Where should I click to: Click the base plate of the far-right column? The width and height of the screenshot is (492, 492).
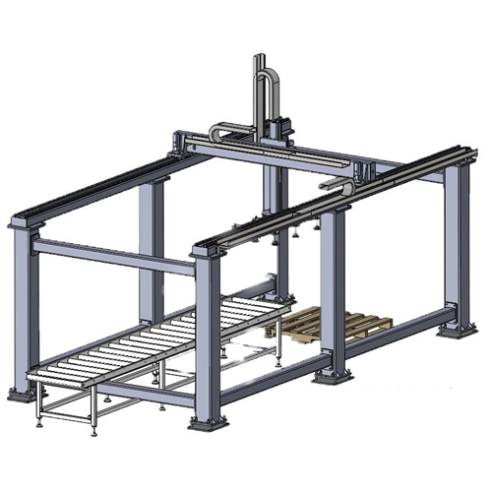tap(457, 328)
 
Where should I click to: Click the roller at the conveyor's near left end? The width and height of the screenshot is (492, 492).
tap(49, 371)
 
